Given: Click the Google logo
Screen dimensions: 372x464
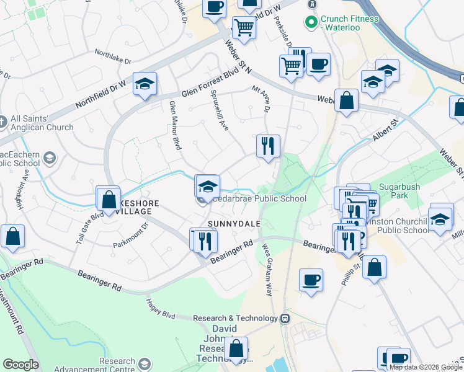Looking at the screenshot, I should click(x=20, y=365).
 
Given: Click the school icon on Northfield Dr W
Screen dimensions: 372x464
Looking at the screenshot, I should click(x=145, y=84).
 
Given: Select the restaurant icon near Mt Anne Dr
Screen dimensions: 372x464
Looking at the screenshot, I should click(x=268, y=146).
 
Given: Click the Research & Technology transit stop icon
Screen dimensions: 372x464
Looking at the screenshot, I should click(x=285, y=318).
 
